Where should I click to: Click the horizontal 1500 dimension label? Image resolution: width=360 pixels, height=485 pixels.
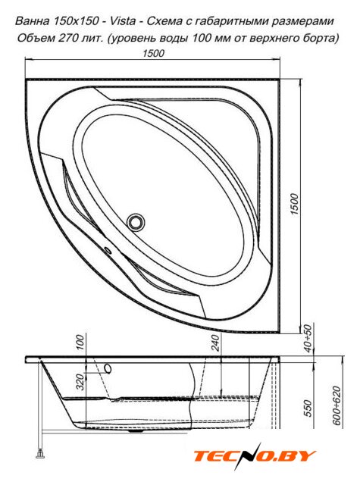click(153, 53)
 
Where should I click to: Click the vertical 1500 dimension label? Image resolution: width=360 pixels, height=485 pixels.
click(294, 205)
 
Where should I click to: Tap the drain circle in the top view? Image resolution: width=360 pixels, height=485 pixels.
click(136, 222)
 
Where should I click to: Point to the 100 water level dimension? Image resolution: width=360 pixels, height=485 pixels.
click(80, 342)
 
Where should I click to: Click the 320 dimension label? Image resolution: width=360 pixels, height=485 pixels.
click(80, 381)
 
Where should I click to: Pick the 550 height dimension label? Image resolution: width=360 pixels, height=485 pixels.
click(308, 408)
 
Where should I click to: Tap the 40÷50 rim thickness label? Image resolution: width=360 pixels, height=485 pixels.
click(308, 339)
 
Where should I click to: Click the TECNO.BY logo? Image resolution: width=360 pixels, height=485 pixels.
click(254, 456)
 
